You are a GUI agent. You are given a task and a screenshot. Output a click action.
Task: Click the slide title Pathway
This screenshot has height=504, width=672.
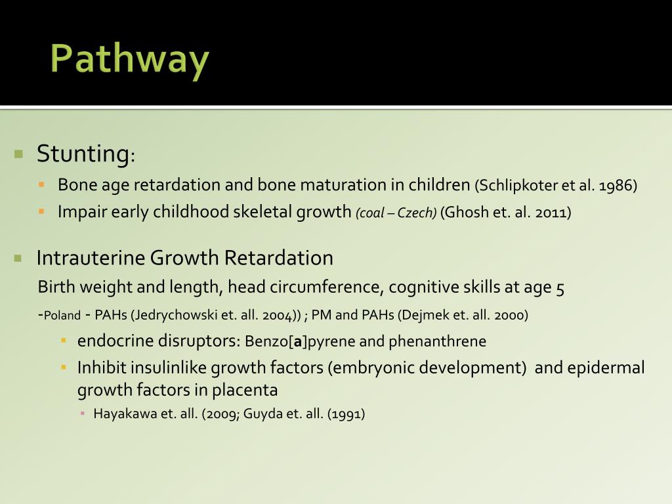coord(129,60)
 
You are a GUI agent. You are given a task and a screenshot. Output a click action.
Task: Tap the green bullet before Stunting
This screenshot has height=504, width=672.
coord(18,155)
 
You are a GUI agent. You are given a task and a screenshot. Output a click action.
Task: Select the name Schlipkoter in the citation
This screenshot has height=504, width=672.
coord(518,186)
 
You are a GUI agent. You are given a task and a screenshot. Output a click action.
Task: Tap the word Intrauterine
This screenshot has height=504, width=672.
coord(91,258)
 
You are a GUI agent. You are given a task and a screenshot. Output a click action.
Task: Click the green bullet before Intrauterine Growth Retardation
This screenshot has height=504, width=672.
coord(18,258)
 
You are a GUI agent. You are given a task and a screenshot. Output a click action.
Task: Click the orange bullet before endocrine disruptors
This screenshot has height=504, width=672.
coord(64,341)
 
